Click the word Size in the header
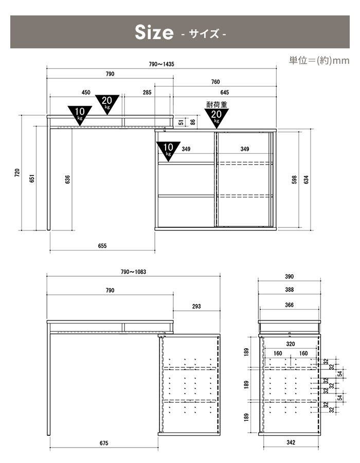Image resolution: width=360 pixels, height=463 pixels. coord(154,32)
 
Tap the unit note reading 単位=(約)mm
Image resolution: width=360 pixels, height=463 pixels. coord(319,61)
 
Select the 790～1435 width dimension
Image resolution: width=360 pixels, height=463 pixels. coord(161,64)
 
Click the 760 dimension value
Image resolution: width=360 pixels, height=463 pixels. coord(215,82)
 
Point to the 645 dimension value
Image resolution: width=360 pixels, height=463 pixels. coord(225,93)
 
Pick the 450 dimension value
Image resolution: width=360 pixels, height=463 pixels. coord(86,93)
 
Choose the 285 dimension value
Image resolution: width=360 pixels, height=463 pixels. coord(147,93)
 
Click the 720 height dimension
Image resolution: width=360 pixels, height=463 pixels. coord(17,173)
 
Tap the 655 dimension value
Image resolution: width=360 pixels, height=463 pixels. coord(102,246)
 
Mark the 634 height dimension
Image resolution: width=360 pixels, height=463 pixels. coord(307,180)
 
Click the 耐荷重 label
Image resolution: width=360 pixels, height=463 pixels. coord(217,104)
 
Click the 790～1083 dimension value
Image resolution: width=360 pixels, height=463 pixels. coord(133,272)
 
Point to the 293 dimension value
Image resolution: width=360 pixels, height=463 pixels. coord(196,307)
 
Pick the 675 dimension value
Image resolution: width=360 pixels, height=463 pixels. coord(104,443)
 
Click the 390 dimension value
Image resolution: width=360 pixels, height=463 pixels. coord(290,276)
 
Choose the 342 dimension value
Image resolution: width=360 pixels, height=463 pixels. coord(291,442)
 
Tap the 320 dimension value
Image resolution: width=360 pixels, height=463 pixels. coord(291,344)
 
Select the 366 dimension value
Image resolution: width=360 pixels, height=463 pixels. coord(290,305)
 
